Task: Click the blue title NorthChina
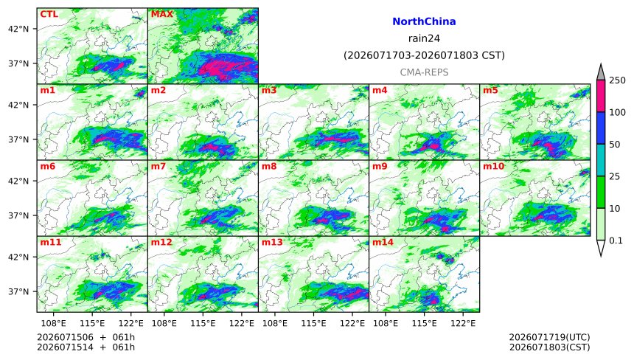424,21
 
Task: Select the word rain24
424,38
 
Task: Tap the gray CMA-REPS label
424,72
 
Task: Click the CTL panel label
49,14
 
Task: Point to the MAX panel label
161,14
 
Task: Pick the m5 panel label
490,90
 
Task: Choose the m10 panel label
493,166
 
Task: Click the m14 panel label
383,242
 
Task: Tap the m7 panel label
158,166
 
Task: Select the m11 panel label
51,242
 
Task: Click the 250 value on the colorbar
618,80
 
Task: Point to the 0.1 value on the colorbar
616,240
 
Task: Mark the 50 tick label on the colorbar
615,145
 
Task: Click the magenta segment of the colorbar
601,96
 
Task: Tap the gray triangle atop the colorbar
601,72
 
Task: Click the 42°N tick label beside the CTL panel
18,29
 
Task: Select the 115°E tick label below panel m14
424,323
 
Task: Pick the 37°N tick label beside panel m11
18,291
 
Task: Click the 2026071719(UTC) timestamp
549,337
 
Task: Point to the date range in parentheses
424,55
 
